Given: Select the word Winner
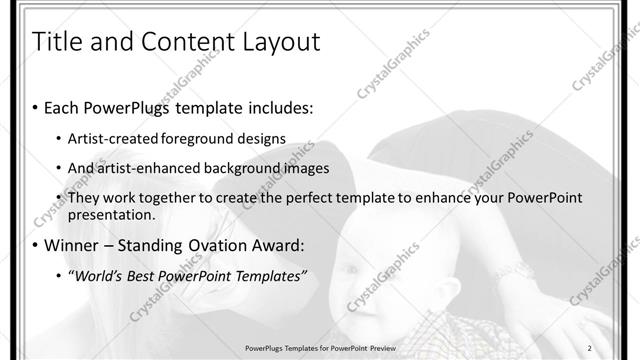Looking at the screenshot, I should [x=73, y=245].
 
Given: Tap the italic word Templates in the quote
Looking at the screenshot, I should [x=266, y=276].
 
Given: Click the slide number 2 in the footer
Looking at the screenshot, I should [x=591, y=347].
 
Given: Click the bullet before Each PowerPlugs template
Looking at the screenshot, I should [x=36, y=107].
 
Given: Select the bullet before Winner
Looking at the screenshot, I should [x=36, y=246].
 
